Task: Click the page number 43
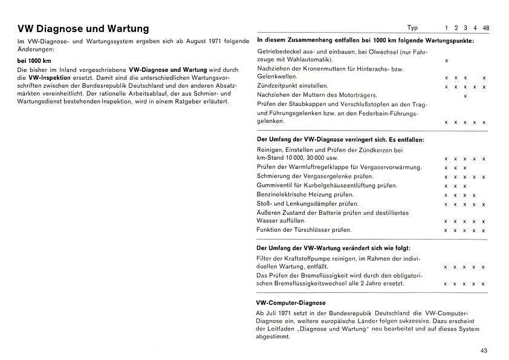(484, 350)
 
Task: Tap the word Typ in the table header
(412, 28)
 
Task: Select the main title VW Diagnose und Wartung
(83, 28)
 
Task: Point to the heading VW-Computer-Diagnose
(291, 303)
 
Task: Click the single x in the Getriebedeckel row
(446, 61)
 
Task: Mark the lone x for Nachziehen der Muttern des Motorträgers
(465, 96)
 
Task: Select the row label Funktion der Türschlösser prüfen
(304, 230)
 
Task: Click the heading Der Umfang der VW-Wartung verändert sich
(333, 248)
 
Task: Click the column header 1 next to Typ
(446, 28)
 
